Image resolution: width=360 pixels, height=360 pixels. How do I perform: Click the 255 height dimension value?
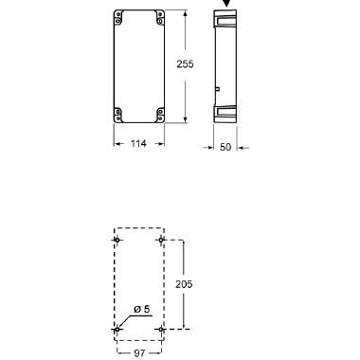[x=185, y=64]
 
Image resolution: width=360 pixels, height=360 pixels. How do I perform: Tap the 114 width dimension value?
[x=138, y=144]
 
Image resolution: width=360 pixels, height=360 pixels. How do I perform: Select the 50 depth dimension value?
[x=225, y=147]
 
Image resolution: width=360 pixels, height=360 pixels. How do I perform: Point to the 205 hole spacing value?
[x=184, y=284]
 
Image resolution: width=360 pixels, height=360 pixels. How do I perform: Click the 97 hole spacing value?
[x=139, y=353]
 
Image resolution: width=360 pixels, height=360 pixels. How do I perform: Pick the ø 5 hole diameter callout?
[x=142, y=309]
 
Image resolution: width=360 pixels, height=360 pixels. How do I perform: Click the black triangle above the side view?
[x=227, y=3]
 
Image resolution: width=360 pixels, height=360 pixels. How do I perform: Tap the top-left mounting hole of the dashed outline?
[x=117, y=241]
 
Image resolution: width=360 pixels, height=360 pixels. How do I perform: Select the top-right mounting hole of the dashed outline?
[x=161, y=241]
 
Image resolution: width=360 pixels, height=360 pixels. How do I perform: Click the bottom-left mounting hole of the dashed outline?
[x=117, y=330]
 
